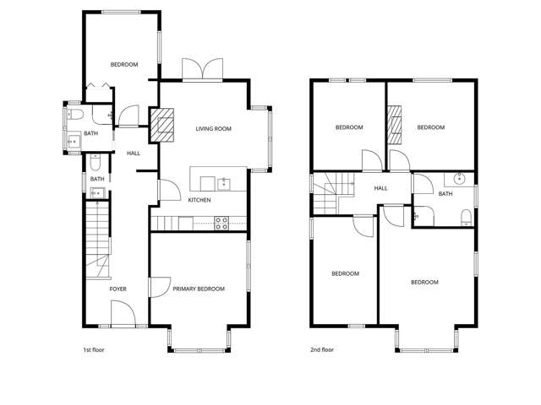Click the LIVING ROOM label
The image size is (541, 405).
click(x=213, y=128)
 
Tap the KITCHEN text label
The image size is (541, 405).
click(x=199, y=200)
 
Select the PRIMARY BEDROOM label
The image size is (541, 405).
click(x=199, y=289)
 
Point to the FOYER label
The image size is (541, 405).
click(x=117, y=289)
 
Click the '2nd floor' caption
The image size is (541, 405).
click(x=322, y=349)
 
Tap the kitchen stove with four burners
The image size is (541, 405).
click(x=221, y=223)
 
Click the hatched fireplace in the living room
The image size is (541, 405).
click(x=162, y=125)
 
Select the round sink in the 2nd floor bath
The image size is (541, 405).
click(x=460, y=179)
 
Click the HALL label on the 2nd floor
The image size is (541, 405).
click(x=380, y=188)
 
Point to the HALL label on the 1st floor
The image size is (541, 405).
click(x=134, y=153)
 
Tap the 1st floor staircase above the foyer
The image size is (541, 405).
click(x=98, y=240)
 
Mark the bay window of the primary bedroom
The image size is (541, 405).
click(x=199, y=347)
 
